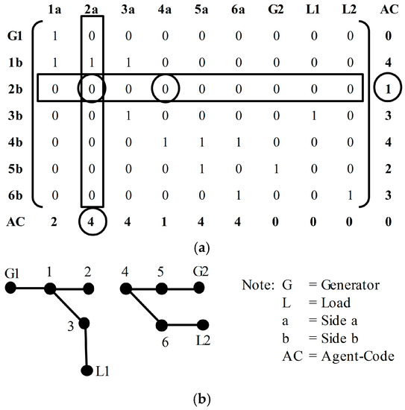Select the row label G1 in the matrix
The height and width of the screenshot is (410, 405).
(15, 35)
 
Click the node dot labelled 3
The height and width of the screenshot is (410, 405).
(84, 324)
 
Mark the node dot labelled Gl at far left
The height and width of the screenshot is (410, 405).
(11, 288)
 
